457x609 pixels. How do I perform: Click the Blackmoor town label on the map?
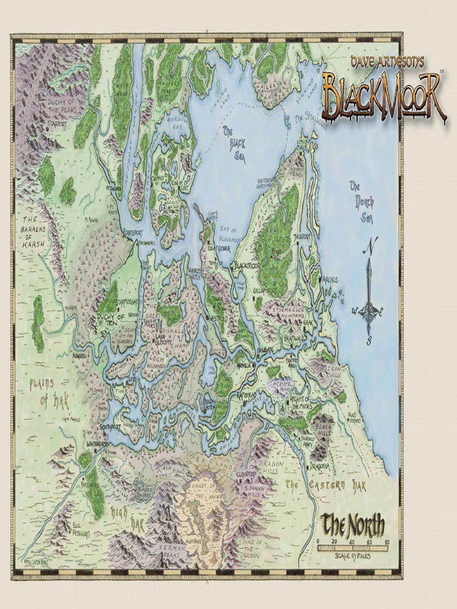coord(248,265)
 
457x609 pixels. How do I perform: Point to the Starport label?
coord(58,125)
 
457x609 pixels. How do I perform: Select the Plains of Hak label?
coord(49,393)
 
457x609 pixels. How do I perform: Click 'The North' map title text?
coord(352,525)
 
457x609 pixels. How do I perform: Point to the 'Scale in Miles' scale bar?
coord(352,548)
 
